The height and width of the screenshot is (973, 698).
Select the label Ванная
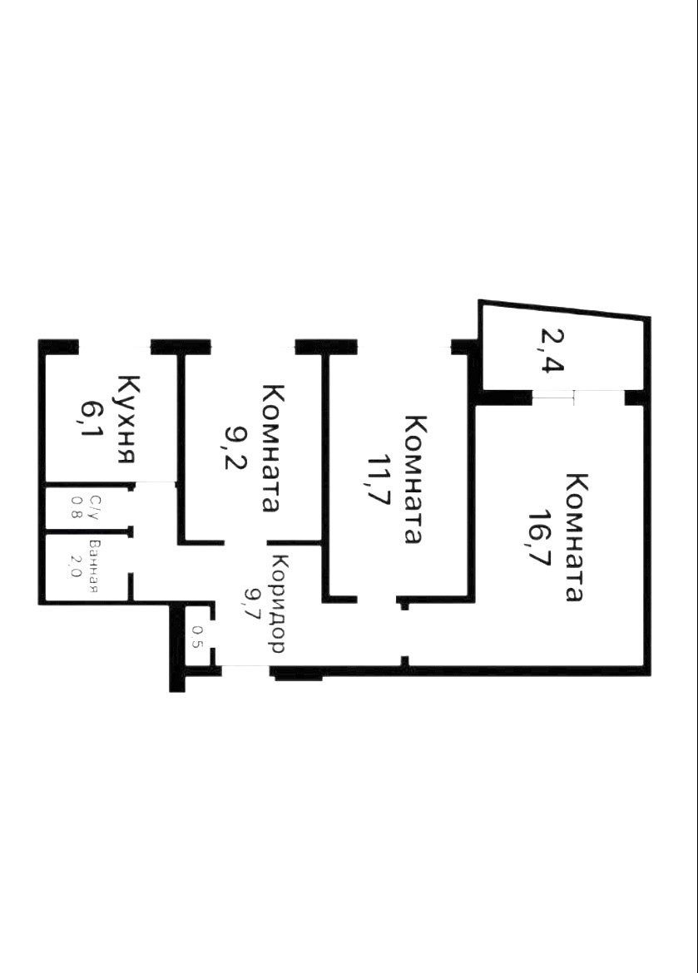[x=95, y=567]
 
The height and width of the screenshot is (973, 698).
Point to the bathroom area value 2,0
[x=76, y=567]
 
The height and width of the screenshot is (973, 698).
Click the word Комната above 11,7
[x=412, y=479]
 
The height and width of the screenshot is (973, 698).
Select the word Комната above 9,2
[x=270, y=447]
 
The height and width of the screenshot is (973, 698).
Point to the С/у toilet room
[x=86, y=506]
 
